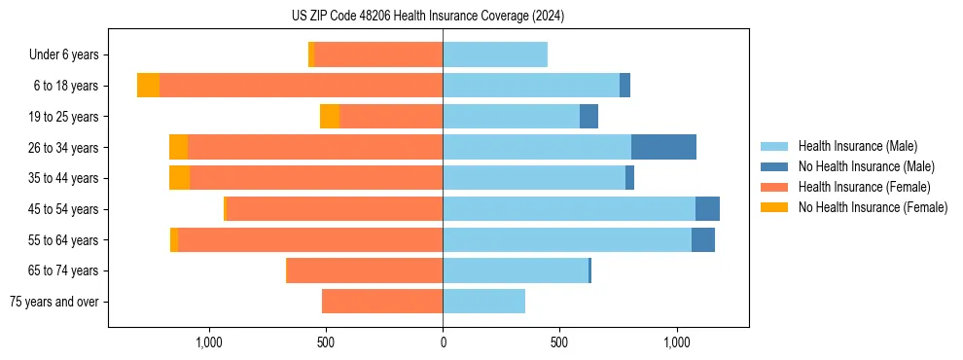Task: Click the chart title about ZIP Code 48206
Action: point(428,17)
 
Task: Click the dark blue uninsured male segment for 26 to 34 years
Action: point(663,147)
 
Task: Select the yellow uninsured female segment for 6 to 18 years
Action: point(148,86)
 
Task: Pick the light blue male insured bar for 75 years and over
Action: point(483,302)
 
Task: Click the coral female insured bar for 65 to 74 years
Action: point(365,270)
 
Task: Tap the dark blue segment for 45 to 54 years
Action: point(707,209)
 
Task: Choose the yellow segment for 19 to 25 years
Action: point(330,117)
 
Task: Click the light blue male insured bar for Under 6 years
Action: point(495,54)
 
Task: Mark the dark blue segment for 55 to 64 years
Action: point(703,239)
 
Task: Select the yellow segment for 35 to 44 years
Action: point(179,178)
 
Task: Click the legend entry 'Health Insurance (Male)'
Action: point(857,146)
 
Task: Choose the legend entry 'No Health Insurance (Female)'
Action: point(873,207)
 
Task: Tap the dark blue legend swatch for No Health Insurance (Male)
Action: point(774,166)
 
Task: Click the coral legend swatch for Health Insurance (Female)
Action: point(774,187)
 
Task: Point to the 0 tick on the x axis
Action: point(443,342)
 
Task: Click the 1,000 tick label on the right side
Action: point(676,342)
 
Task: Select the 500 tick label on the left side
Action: point(326,342)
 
